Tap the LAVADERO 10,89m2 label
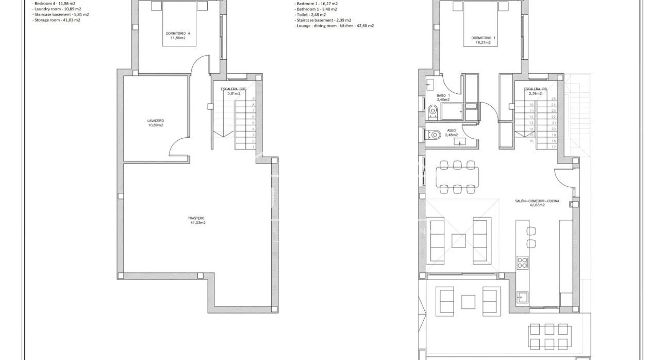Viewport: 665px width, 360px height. point(155,123)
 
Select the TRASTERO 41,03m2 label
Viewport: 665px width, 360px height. point(197,220)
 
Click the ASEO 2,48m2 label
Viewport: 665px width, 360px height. point(451,133)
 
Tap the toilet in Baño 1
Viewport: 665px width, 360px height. point(432,109)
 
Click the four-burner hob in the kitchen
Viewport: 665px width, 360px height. point(522,263)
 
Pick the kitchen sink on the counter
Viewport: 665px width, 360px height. point(522,297)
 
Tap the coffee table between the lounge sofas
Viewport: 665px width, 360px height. point(459,241)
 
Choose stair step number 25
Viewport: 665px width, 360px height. point(554,99)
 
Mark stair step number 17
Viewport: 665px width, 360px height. point(554,147)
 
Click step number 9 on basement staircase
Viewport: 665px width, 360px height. point(253,99)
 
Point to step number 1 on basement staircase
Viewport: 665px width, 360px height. point(253,147)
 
